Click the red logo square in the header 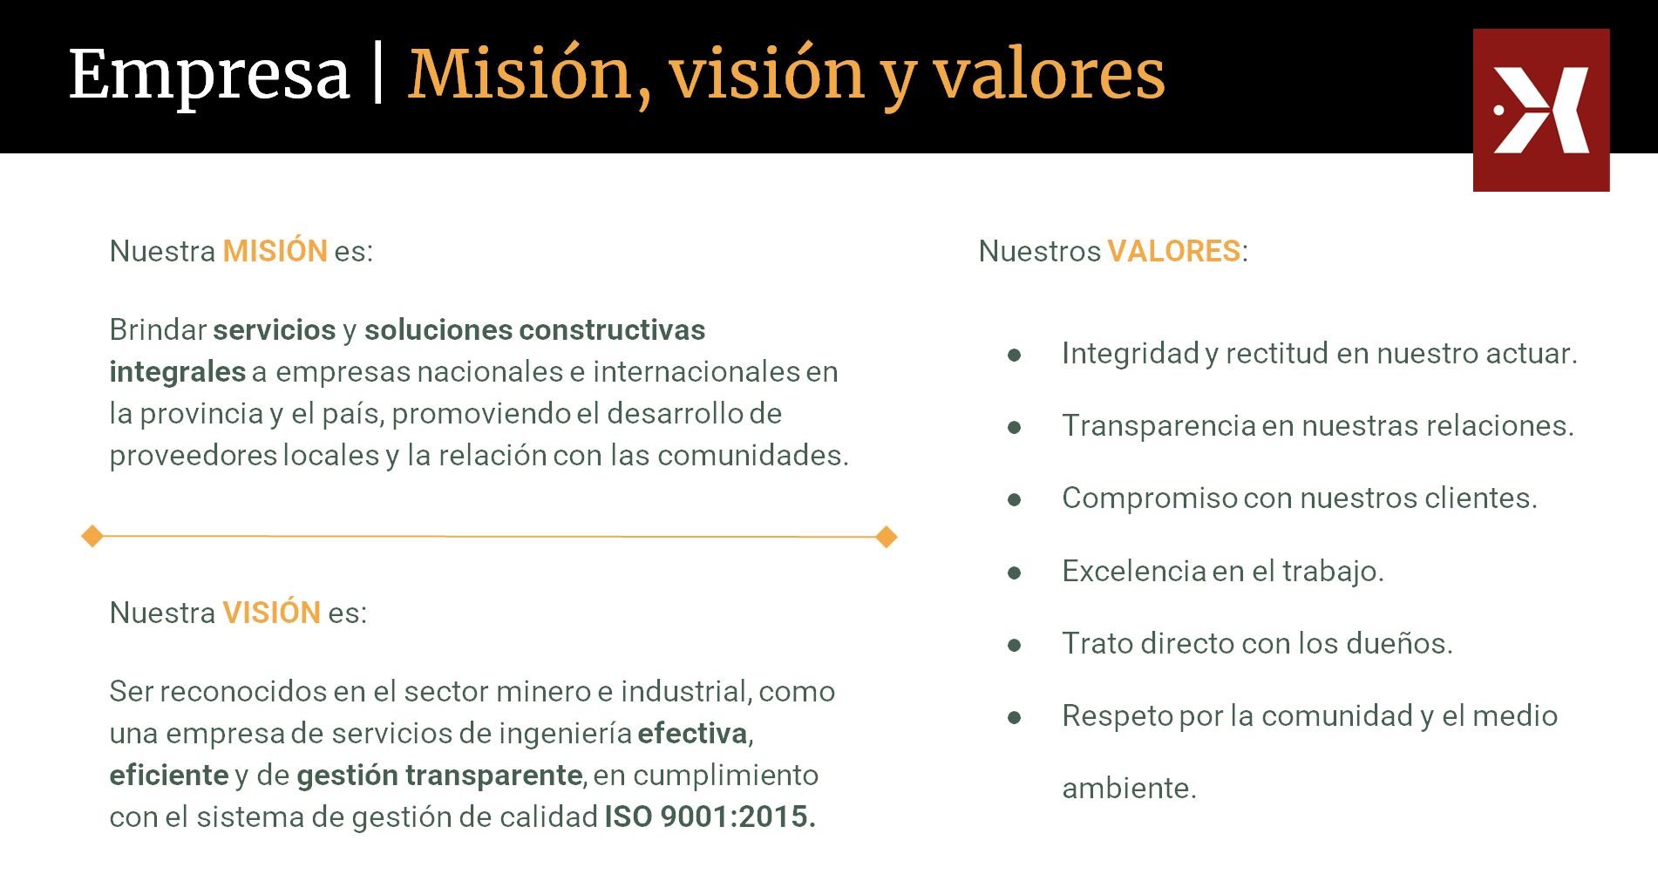[1541, 110]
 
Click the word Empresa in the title [209, 76]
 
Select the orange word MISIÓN [275, 250]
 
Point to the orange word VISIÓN [272, 612]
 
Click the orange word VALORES [1174, 251]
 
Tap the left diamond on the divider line [92, 536]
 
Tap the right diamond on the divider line [887, 537]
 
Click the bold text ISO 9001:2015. [710, 816]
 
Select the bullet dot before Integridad [1015, 355]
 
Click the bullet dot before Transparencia [1015, 427]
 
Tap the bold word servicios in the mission [274, 329]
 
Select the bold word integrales [178, 372]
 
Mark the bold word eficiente [169, 775]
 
